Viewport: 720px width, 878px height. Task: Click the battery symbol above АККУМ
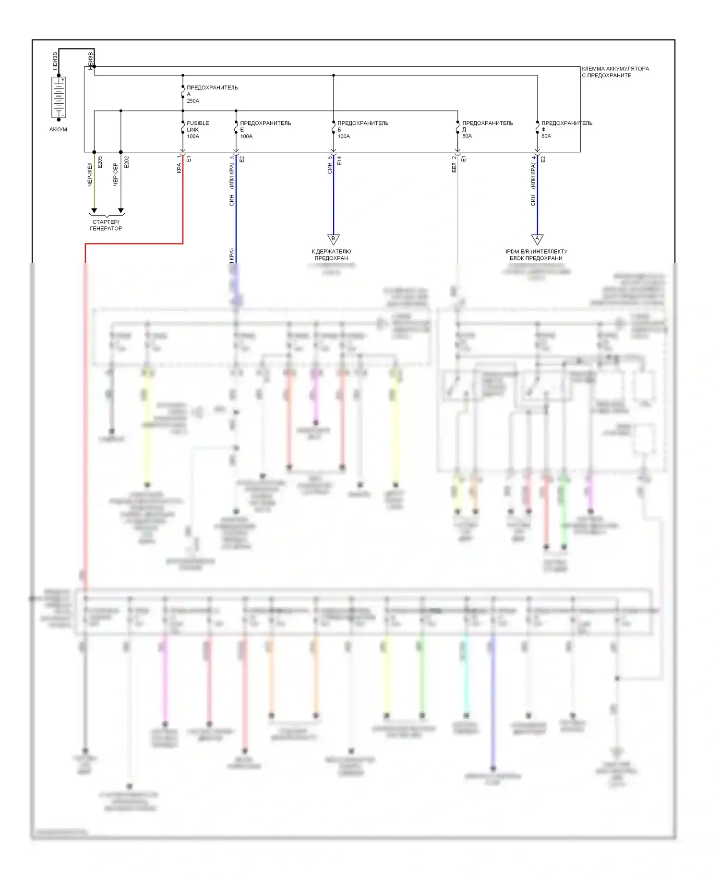click(x=59, y=98)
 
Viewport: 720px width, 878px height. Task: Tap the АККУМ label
click(x=58, y=130)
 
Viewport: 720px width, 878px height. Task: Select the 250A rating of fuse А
click(x=193, y=101)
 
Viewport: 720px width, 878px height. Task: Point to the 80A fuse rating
click(x=467, y=136)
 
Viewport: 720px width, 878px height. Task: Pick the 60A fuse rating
click(x=546, y=136)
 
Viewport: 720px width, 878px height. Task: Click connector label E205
click(x=100, y=162)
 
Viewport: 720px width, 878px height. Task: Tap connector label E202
click(x=127, y=162)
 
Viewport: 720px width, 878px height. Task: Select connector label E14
click(x=339, y=161)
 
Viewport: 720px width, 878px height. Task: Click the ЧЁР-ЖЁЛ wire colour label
click(x=90, y=175)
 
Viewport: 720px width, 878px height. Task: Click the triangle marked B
click(x=334, y=239)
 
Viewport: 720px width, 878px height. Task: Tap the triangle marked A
click(x=537, y=239)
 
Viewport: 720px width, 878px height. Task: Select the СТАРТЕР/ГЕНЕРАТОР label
click(x=106, y=225)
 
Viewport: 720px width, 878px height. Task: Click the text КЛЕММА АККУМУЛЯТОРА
click(x=615, y=69)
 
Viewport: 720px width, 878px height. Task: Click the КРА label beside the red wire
click(x=179, y=168)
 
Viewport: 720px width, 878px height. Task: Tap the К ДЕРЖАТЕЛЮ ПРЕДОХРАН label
click(x=331, y=255)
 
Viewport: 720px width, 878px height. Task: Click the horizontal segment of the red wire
click(x=134, y=244)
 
